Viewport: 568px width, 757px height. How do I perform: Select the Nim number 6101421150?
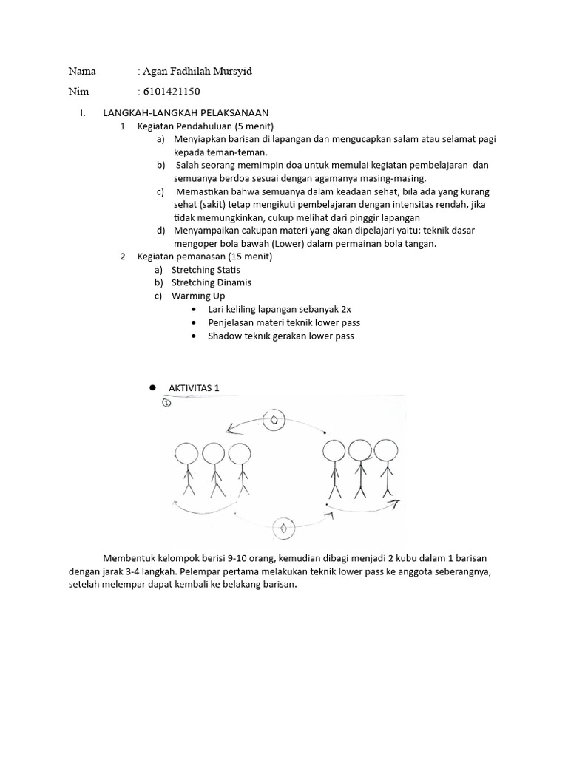(171, 92)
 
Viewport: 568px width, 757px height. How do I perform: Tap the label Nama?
(83, 72)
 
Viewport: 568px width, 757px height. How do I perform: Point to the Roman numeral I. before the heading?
(83, 114)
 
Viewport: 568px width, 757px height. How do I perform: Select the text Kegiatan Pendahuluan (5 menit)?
(205, 126)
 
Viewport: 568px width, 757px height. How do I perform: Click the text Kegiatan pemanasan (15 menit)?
(204, 257)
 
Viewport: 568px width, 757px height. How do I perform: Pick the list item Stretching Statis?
(206, 270)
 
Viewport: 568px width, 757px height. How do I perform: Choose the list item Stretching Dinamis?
(211, 282)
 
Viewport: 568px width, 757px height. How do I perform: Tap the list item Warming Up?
(197, 296)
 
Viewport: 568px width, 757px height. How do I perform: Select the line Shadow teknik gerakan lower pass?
(281, 336)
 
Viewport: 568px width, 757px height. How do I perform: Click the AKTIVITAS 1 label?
(194, 388)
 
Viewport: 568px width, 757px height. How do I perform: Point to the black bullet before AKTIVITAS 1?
(153, 387)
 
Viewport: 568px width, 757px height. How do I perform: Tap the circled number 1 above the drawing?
(166, 403)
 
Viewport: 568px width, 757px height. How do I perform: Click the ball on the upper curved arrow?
(274, 419)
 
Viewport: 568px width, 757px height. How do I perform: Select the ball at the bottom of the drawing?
(283, 528)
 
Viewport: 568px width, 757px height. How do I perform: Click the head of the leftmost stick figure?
(185, 454)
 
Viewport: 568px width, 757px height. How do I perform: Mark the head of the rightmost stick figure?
(386, 451)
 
